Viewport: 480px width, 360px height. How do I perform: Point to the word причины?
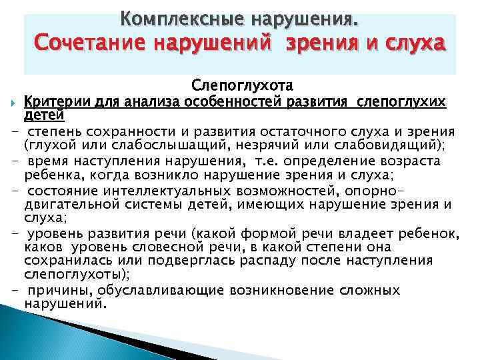(65, 290)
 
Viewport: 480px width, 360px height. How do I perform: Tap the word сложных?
(368, 290)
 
